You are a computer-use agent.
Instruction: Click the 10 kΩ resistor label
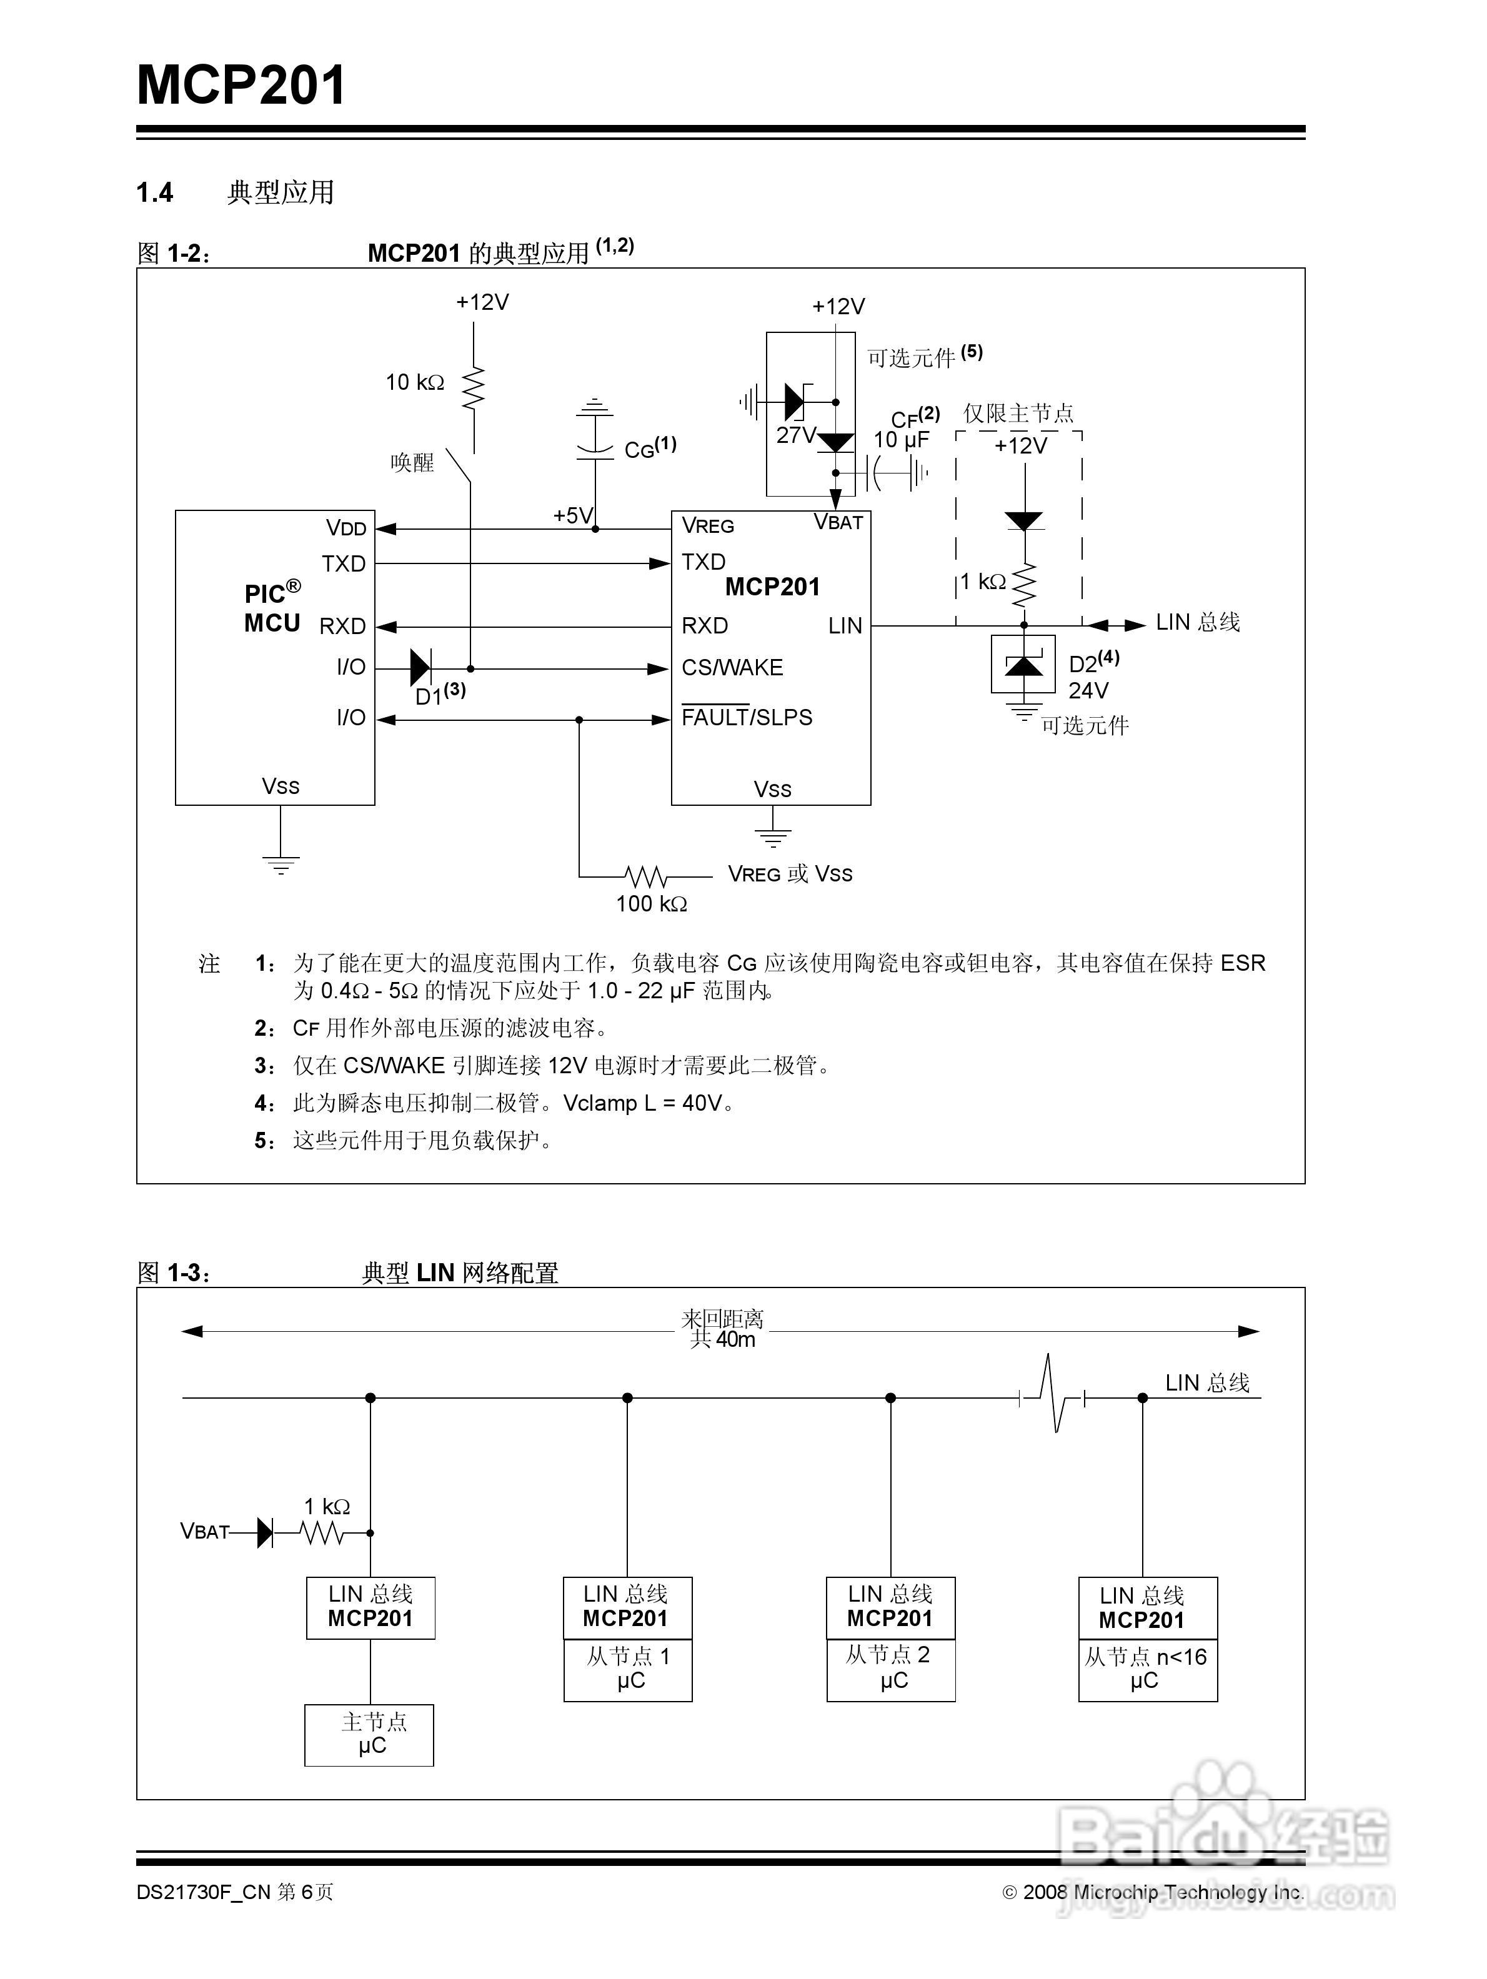click(414, 383)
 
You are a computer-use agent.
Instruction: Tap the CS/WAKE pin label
click(732, 667)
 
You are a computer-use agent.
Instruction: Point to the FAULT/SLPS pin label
click(746, 718)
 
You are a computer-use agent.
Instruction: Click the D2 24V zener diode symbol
click(1023, 665)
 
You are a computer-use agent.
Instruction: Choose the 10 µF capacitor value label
click(900, 440)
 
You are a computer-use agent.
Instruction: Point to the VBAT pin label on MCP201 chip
click(837, 522)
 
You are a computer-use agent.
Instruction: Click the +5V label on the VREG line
click(572, 515)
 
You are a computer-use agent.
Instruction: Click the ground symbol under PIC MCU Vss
click(281, 863)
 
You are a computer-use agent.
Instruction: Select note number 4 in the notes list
click(264, 1103)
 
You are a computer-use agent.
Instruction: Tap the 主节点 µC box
click(369, 1735)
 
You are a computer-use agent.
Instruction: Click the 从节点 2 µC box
click(890, 1669)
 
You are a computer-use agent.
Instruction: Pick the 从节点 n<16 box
click(1147, 1669)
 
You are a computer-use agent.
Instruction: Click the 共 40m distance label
click(723, 1340)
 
